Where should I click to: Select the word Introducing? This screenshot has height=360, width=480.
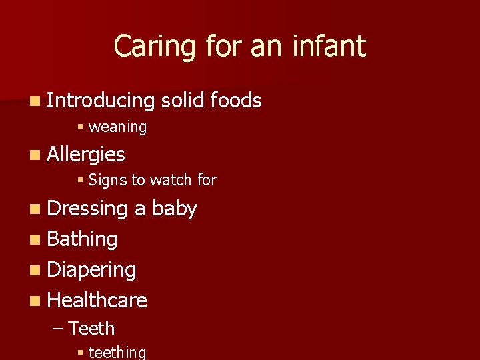tap(101, 101)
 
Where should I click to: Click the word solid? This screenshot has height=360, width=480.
tap(183, 101)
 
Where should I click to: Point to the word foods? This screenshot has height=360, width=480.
tap(235, 101)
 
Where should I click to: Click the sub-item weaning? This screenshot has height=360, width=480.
tap(117, 127)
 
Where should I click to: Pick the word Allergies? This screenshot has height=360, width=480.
tap(87, 155)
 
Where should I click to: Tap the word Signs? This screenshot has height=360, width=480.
tap(107, 180)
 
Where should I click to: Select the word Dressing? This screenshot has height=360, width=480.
tap(87, 209)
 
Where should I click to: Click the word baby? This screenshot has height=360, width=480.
tap(175, 209)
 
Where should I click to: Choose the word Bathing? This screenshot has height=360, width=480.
tap(83, 239)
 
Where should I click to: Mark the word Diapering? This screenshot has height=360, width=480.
tap(92, 270)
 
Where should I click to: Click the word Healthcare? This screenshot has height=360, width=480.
tap(97, 301)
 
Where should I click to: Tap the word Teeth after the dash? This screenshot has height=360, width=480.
tap(92, 329)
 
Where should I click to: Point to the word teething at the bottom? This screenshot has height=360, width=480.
tap(117, 352)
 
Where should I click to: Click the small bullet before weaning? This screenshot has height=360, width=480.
tap(79, 127)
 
